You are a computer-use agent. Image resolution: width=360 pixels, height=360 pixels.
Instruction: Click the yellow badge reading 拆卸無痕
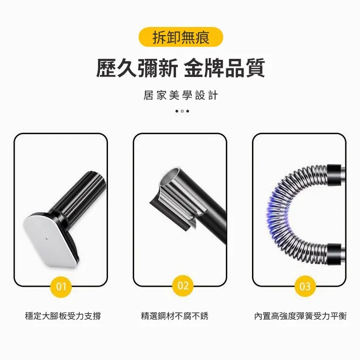[180, 37]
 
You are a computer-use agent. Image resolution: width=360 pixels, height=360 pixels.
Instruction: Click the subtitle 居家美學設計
[180, 95]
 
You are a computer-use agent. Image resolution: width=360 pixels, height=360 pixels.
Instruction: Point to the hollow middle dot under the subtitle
[181, 111]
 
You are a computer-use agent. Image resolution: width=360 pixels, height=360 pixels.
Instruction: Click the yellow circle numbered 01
[61, 286]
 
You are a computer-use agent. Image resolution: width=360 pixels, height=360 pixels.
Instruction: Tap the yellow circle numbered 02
[183, 286]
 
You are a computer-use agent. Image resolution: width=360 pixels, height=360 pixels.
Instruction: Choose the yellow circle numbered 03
[305, 286]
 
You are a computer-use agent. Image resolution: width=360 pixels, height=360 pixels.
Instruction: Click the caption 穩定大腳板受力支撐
[63, 316]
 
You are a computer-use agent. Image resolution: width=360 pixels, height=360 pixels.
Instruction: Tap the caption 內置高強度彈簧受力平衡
[301, 316]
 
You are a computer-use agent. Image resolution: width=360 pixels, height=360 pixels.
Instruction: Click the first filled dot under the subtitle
[176, 111]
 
